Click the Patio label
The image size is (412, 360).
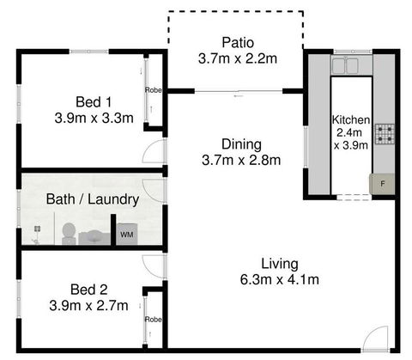click(236, 43)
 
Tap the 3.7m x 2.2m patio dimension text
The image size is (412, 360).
click(236, 58)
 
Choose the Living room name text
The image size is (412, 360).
click(279, 263)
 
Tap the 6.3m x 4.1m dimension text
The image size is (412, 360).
click(279, 279)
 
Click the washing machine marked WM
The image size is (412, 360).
click(126, 234)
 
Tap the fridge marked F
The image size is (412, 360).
click(382, 182)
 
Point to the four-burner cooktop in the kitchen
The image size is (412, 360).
click(384, 133)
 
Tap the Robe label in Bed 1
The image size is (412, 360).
click(153, 89)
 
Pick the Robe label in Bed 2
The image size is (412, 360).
click(153, 319)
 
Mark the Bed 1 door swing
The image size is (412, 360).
click(154, 153)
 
